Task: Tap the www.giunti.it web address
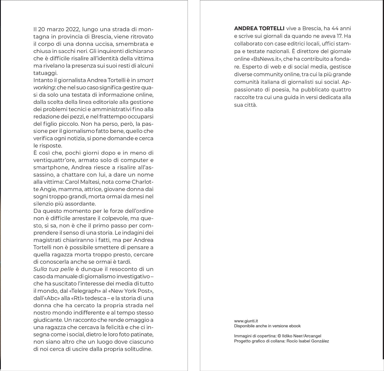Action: [246, 321]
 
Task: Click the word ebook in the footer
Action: [295, 326]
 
